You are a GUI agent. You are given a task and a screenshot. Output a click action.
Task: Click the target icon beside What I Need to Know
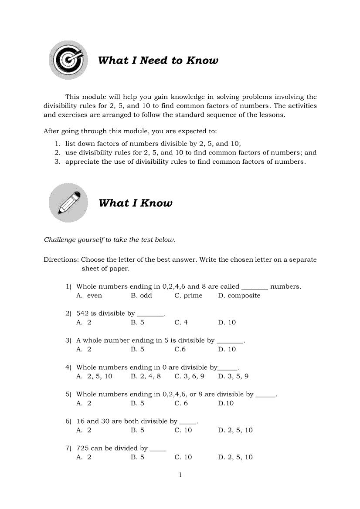point(68,61)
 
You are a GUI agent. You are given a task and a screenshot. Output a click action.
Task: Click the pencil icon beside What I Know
point(68,203)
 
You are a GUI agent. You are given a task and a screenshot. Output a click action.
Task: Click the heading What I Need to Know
point(158,61)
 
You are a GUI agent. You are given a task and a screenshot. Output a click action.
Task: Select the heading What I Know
point(136,203)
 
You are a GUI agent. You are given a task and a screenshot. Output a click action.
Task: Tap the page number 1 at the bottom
point(180,475)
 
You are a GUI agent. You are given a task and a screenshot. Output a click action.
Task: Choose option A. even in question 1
point(89,296)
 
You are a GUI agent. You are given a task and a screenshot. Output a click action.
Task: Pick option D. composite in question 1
point(239,296)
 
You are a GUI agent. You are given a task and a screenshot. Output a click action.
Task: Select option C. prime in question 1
point(188,296)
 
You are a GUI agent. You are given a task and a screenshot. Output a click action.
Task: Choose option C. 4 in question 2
point(181,323)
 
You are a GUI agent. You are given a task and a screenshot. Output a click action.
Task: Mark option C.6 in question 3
point(180,349)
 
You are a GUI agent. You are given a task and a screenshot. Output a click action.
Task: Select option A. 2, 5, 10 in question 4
point(94,376)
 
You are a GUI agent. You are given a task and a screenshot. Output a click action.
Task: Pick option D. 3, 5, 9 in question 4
point(234,376)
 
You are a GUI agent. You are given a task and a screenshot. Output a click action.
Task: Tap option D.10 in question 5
point(226,403)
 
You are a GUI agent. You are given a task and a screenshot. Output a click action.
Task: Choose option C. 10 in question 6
point(183,430)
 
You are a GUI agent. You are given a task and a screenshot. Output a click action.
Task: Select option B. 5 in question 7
point(137,457)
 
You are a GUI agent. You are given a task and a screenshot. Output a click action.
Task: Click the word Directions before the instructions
point(61,260)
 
